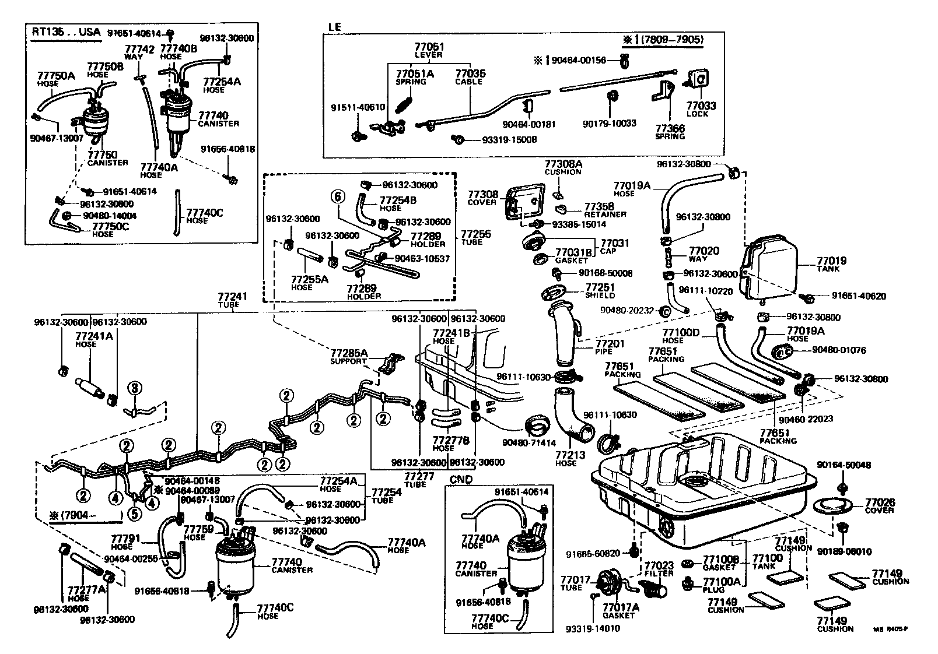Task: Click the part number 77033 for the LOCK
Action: click(x=701, y=106)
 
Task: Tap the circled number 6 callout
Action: click(x=337, y=197)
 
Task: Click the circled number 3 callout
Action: click(x=134, y=388)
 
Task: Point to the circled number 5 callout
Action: click(x=135, y=514)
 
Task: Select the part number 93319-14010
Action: click(x=593, y=628)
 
